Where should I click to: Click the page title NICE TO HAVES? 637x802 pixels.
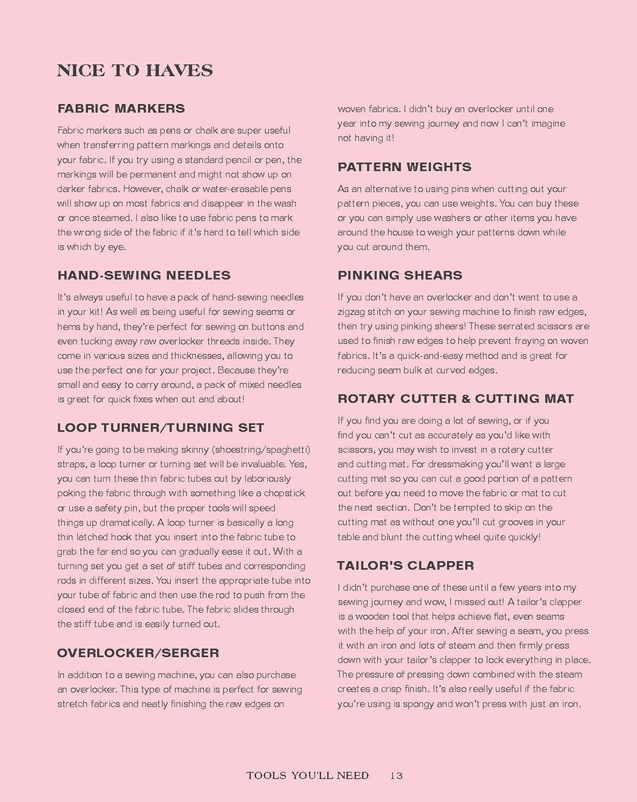[135, 70]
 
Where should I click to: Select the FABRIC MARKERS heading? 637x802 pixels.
[121, 109]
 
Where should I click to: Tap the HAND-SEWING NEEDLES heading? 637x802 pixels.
[144, 275]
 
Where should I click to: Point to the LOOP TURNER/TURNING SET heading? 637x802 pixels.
[160, 428]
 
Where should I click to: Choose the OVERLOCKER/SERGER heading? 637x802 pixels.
[138, 653]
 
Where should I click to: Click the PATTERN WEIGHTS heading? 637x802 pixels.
[404, 167]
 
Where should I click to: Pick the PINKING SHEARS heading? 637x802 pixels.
[400, 275]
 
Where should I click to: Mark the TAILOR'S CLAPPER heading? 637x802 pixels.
[406, 566]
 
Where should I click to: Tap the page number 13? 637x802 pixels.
[396, 775]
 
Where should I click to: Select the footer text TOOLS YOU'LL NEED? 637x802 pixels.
[307, 775]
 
